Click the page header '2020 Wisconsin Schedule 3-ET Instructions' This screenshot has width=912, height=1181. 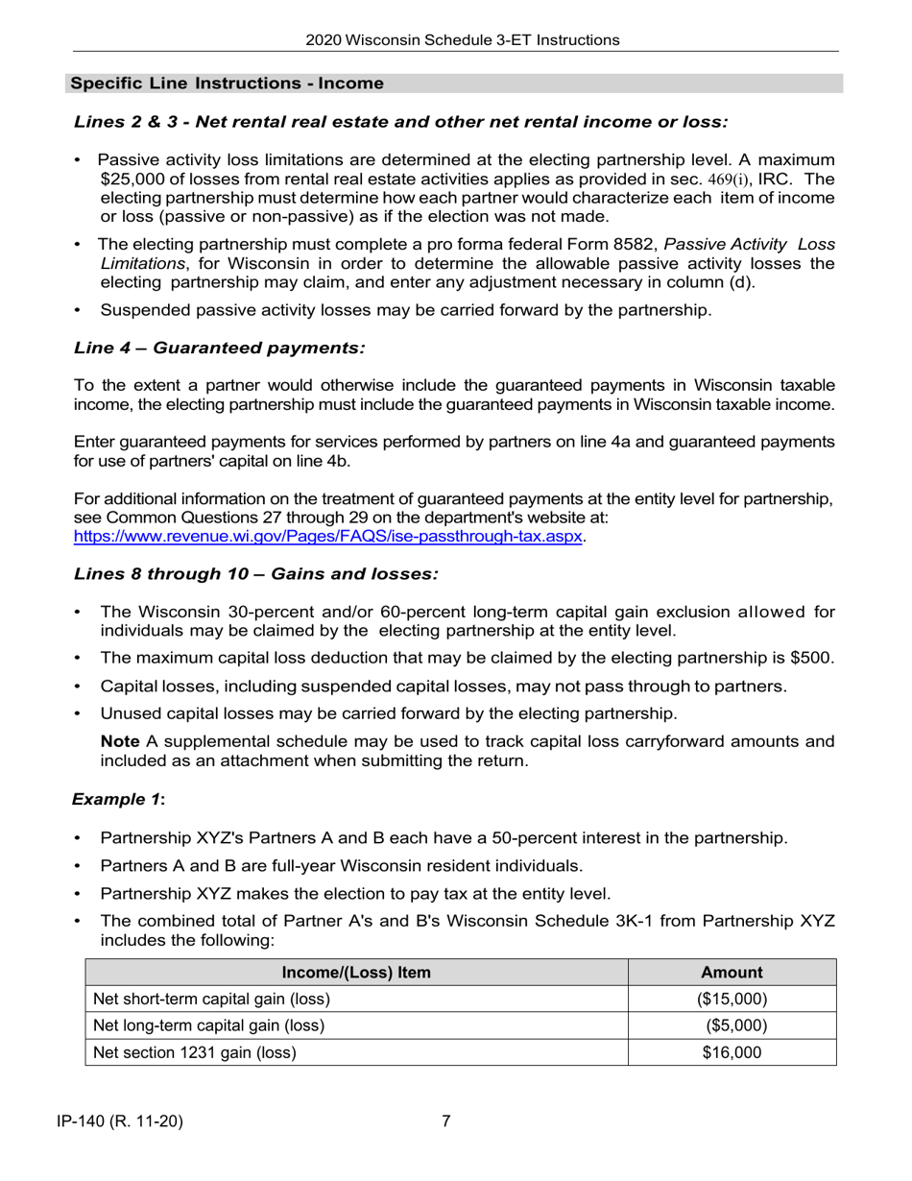[x=463, y=39]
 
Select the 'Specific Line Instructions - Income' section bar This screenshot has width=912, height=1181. [x=228, y=84]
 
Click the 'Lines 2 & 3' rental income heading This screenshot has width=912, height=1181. [x=400, y=122]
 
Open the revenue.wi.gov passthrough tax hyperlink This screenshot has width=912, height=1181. [x=327, y=536]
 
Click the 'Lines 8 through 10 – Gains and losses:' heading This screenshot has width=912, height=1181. [x=255, y=573]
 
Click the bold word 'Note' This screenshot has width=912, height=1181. [x=120, y=741]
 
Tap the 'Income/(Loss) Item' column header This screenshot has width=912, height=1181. [x=356, y=972]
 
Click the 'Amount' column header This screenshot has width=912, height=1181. [x=732, y=972]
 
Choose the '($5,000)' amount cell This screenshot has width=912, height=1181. [x=735, y=1025]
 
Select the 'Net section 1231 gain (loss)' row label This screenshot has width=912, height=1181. [x=194, y=1052]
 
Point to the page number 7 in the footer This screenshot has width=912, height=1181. [x=446, y=1121]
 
